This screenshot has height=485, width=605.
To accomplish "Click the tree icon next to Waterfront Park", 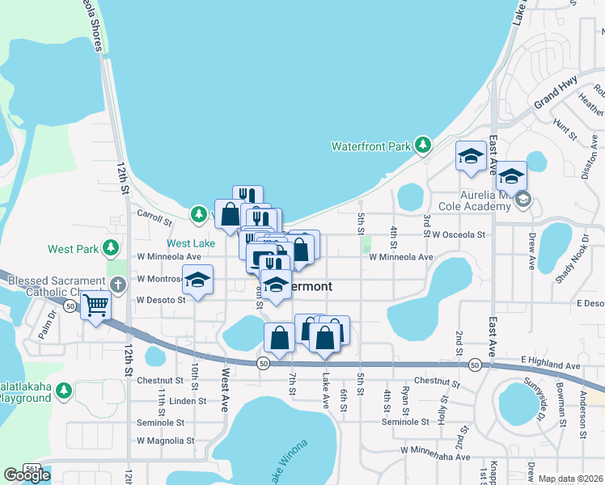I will coord(421,145).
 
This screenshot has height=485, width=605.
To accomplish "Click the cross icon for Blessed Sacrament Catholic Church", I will coord(117,285).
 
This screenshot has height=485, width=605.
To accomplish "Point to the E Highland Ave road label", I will coord(551,366).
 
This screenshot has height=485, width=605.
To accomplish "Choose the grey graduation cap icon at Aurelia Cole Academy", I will coord(523,200).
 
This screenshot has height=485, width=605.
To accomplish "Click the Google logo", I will coord(27,475).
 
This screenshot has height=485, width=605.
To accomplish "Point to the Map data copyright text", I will coord(571,479).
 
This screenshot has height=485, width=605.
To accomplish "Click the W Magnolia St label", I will coord(166,441).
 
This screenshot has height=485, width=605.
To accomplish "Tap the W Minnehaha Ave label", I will coord(434,457).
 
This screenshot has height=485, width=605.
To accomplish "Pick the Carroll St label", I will coord(154,219).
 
